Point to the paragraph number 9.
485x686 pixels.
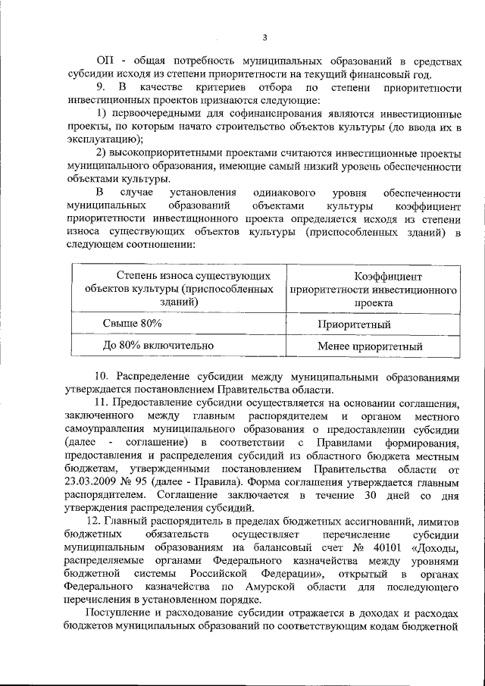(100, 88)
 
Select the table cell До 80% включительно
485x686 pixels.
(158, 346)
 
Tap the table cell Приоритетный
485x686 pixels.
(354, 325)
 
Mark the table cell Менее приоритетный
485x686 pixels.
(370, 347)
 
